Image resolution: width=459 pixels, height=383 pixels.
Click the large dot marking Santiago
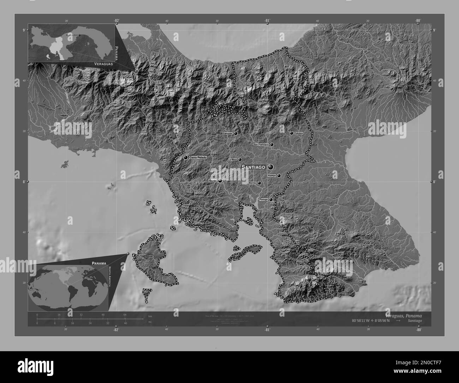(271, 167)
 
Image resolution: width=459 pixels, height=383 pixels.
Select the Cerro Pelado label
(198, 157)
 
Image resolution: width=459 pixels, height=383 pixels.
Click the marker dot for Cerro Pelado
(185, 158)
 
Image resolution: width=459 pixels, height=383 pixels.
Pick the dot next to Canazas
(235, 134)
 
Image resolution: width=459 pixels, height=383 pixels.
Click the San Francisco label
(261, 145)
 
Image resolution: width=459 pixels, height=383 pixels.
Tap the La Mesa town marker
(240, 160)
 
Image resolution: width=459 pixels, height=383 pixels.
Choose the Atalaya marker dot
(279, 176)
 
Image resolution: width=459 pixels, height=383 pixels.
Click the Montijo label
(252, 183)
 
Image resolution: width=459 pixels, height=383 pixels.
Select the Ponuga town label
(264, 200)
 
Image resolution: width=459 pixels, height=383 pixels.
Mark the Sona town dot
(220, 181)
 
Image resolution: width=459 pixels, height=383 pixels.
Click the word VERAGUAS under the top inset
(103, 64)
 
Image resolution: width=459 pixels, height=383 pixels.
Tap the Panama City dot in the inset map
(79, 35)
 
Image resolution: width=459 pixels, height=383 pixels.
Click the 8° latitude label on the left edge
(24, 182)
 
